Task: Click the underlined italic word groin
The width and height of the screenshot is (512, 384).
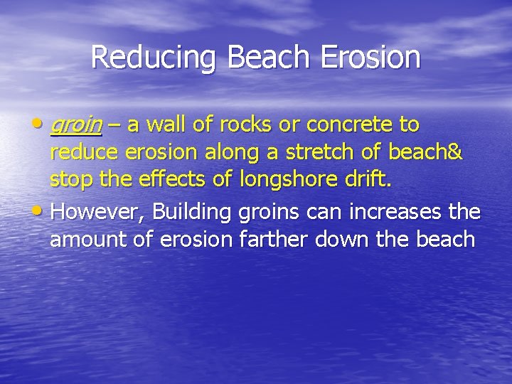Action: click(75, 126)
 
